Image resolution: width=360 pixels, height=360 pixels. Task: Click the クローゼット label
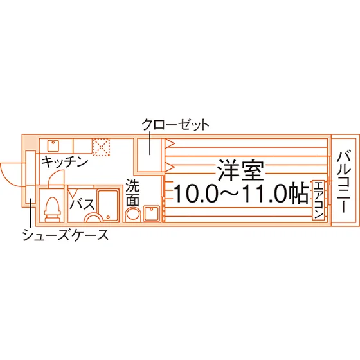coord(175,125)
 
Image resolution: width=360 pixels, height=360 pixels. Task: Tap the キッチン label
coord(65,162)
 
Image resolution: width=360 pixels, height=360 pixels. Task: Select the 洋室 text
coord(241,170)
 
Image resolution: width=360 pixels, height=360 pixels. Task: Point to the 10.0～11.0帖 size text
coord(241,193)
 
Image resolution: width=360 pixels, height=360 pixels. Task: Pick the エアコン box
coord(318,200)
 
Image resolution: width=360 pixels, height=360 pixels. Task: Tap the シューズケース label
coord(66,235)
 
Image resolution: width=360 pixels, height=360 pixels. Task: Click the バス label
coord(82,204)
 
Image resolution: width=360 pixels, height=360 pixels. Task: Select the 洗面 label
coord(132,192)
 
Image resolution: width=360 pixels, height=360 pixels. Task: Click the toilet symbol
coord(53,210)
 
